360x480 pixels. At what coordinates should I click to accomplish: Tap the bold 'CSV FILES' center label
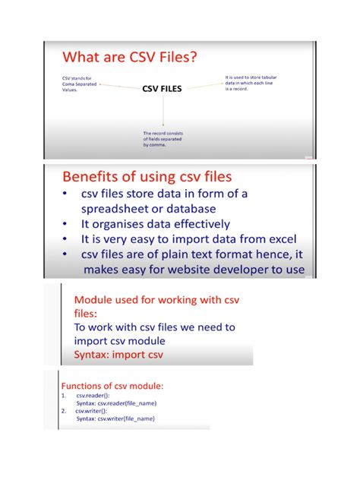(162, 88)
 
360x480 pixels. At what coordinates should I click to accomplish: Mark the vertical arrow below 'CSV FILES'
(163, 111)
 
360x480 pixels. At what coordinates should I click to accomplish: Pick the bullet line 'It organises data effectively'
(156, 224)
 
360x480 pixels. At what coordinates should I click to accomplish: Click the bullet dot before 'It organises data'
(67, 224)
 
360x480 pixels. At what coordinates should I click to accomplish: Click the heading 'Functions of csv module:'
(112, 386)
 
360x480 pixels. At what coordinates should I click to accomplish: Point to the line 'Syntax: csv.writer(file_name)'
(115, 418)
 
